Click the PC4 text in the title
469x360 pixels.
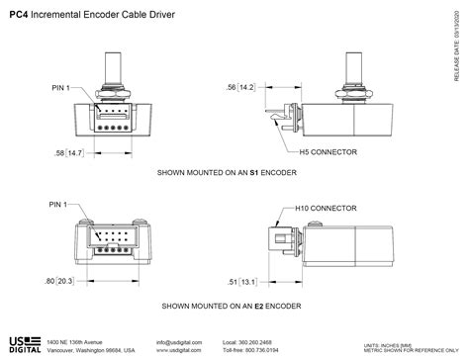[17, 15]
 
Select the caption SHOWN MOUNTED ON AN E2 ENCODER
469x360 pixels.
[232, 307]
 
